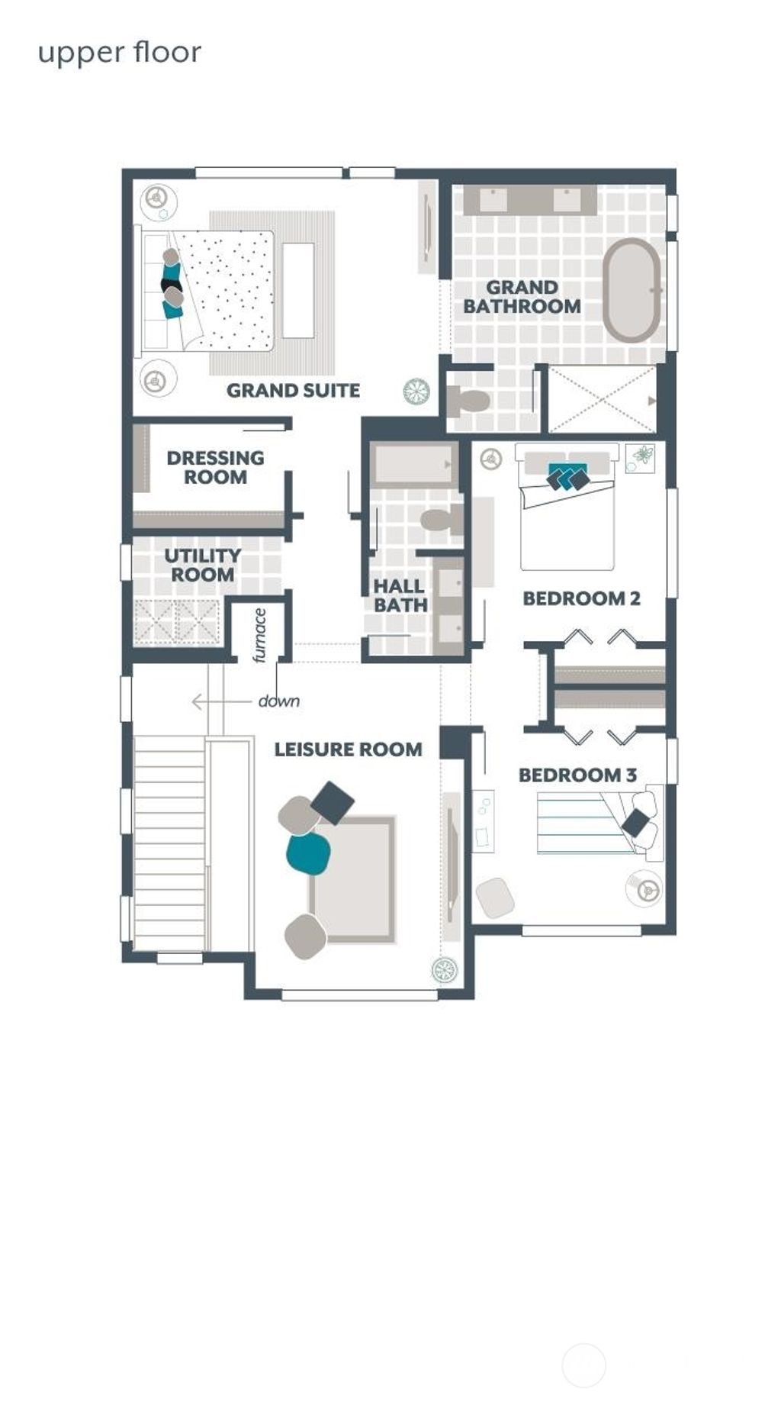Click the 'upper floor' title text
pos(120,53)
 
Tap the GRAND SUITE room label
pos(293,390)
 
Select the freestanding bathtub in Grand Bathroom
pos(632,290)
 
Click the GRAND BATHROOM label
pos(522,297)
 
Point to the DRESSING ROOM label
pos(215,467)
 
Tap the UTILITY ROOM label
pos(202,565)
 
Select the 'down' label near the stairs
pos(278,701)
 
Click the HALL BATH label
pos(399,595)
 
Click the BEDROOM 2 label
pos(581,598)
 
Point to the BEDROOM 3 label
pos(577,775)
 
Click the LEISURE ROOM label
pos(348,749)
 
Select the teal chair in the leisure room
pos(308,852)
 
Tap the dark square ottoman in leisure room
pos(333,802)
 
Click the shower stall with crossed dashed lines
pos(602,399)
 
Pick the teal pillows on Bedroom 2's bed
pos(567,476)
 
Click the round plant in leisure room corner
pos(444,969)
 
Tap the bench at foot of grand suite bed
pos(298,290)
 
